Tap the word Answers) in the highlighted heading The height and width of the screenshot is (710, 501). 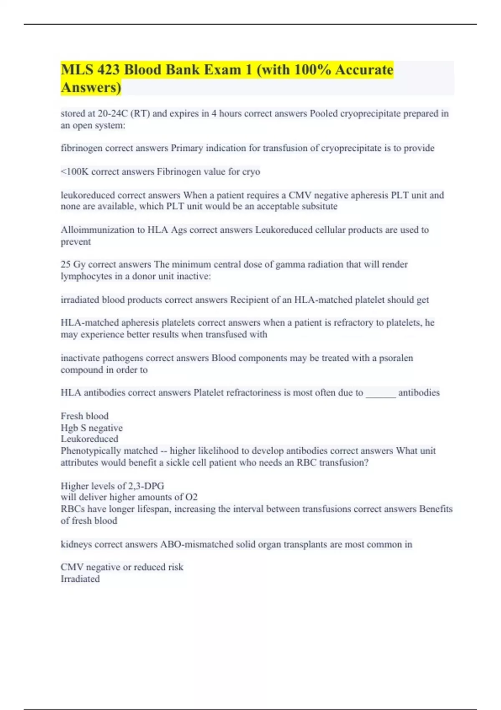click(x=91, y=88)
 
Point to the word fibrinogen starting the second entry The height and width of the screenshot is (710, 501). click(x=81, y=148)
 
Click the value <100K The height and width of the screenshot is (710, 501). click(x=74, y=172)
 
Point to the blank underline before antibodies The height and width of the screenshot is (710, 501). click(x=380, y=393)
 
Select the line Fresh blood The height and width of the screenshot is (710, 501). click(x=84, y=416)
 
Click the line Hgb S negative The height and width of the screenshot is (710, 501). click(x=91, y=428)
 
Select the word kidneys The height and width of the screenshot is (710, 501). click(x=76, y=544)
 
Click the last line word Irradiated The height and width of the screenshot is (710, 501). click(x=80, y=579)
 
